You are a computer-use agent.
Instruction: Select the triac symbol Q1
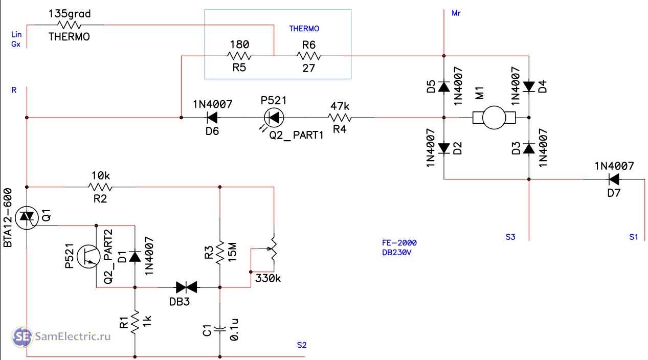pos(26,219)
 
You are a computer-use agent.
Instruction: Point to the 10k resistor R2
pos(100,187)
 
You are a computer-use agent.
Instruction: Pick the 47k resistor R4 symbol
pos(340,118)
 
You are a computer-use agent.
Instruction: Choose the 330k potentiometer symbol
pos(274,251)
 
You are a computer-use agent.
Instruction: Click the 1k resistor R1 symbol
pos(135,322)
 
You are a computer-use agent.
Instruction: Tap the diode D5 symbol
pos(444,87)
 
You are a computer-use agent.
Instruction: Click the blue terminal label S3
pos(510,237)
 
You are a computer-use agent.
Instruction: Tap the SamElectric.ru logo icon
pos(22,336)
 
